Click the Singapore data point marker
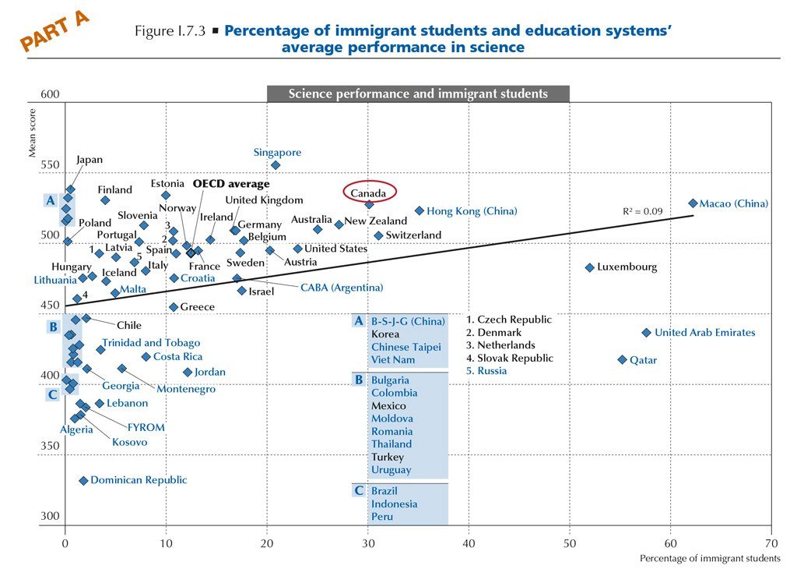point(276,165)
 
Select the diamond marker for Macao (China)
point(693,203)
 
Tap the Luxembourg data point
point(590,267)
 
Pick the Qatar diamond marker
point(622,359)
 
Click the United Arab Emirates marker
point(646,333)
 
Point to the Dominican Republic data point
point(83,480)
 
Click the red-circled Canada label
point(369,192)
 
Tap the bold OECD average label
point(231,184)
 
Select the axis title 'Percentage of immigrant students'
point(709,559)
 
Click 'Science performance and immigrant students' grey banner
point(418,94)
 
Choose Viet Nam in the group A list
point(393,360)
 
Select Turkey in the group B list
point(387,457)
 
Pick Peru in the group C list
point(382,517)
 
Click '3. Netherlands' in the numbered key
point(500,345)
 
